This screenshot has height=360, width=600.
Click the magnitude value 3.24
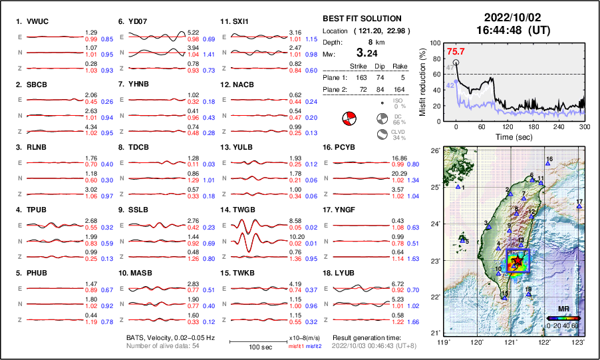(371, 53)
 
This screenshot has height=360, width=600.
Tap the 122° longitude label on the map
(545, 342)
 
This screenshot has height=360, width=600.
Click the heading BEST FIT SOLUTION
(362, 19)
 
